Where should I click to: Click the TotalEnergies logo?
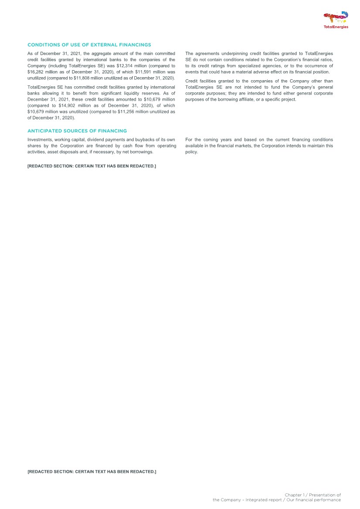point(336,20)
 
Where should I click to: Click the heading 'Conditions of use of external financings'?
point(89,45)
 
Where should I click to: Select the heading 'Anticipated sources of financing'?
point(77,131)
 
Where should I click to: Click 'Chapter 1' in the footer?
point(294,495)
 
